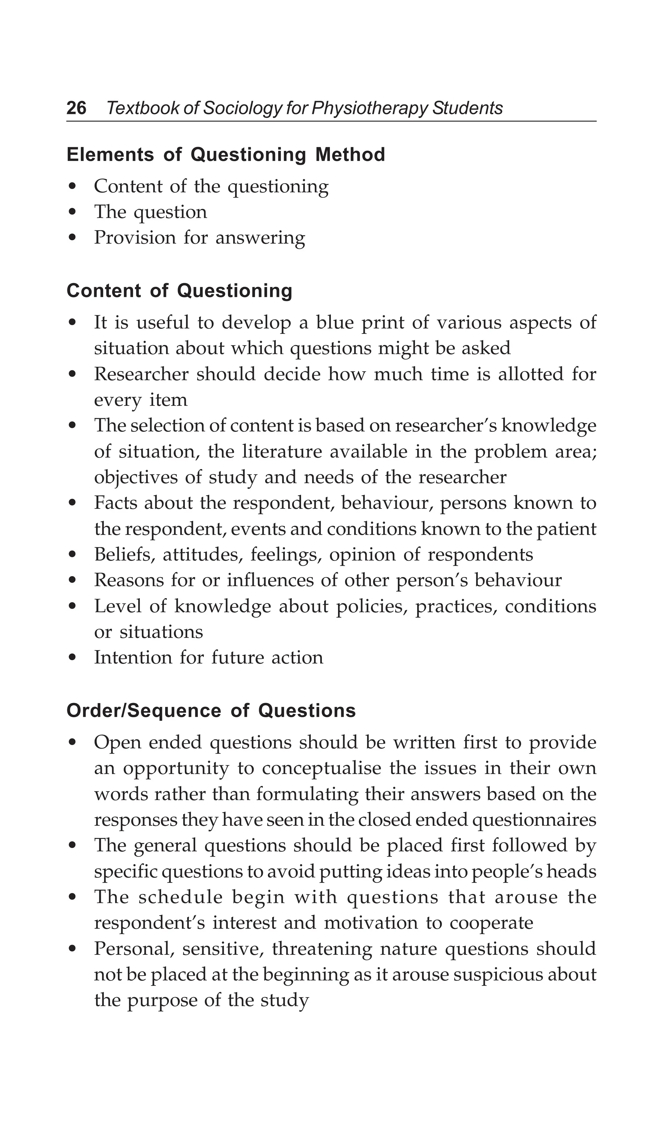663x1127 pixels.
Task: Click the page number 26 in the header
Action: pos(76,108)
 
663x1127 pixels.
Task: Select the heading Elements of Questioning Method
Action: pos(225,155)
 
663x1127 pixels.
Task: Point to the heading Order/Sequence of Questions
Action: pos(211,711)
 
